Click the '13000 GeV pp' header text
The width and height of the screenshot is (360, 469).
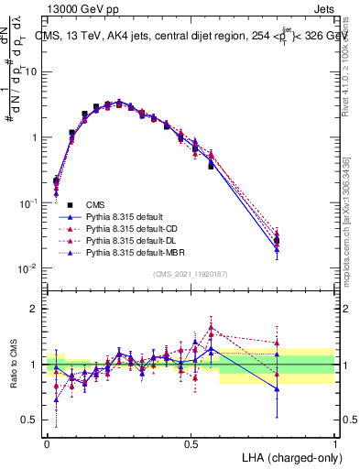pyautogui.click(x=79, y=8)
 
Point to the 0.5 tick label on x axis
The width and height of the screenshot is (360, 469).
pyautogui.click(x=191, y=442)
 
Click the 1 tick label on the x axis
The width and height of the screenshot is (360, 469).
pyautogui.click(x=335, y=442)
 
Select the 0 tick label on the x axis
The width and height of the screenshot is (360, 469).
pyautogui.click(x=47, y=442)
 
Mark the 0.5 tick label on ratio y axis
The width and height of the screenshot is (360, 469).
pyautogui.click(x=30, y=420)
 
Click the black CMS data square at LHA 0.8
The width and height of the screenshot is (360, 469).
pyautogui.click(x=277, y=242)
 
